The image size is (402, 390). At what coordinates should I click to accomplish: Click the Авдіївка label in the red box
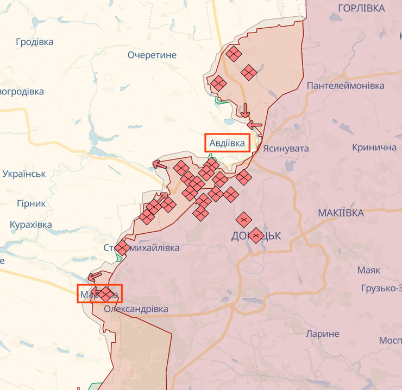coord(228,143)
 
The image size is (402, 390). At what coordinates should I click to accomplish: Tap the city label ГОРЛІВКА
coord(362,8)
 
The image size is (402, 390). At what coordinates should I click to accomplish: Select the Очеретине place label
coord(153,55)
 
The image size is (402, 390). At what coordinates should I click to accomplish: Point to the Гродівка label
coord(35,42)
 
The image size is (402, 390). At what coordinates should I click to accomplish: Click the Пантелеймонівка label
coord(346,86)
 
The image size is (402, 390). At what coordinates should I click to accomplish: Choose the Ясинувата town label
coord(286,148)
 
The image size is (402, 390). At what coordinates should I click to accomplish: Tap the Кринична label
coord(374,148)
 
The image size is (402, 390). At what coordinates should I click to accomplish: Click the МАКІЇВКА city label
coord(341,213)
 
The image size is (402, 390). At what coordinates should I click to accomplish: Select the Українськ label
coord(24,174)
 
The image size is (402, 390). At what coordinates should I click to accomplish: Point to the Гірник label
coord(31,203)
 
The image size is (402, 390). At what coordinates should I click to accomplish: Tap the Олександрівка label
coord(136,309)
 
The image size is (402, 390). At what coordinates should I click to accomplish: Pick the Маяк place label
coord(368,270)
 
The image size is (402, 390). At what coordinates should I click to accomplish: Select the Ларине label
coord(323,334)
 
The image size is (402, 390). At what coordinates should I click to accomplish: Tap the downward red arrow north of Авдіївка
coord(246,110)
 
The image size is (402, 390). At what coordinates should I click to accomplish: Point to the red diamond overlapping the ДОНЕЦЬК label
coord(256,235)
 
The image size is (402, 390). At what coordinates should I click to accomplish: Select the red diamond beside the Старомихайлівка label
coord(122,248)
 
